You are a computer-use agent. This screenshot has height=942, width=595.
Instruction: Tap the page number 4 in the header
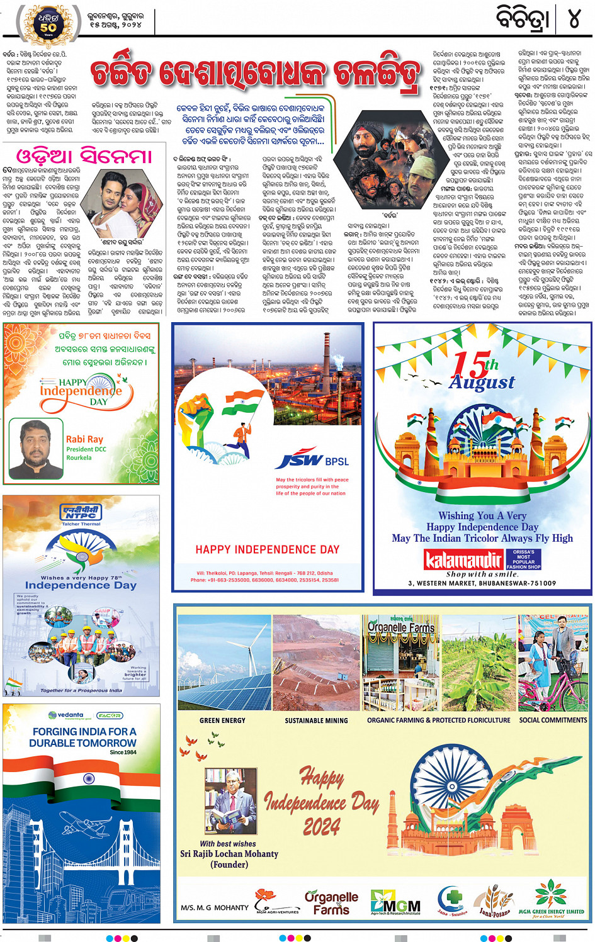[x=574, y=20]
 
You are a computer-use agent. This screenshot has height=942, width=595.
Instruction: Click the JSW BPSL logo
[x=312, y=461]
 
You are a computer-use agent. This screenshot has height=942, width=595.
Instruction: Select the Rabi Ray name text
[x=84, y=439]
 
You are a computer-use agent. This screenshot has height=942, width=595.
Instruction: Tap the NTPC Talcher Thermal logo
[x=81, y=514]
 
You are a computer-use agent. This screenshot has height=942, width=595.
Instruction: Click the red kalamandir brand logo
[x=463, y=559]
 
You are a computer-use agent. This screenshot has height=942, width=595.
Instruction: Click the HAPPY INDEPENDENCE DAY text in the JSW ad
[x=267, y=549]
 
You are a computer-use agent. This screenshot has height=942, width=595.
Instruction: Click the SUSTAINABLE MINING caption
[x=316, y=721]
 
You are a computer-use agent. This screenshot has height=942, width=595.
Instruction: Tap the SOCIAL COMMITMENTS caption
[x=553, y=720]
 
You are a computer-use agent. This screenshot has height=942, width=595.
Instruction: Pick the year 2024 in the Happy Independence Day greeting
[x=321, y=826]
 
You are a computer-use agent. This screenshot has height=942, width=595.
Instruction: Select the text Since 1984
[x=123, y=752]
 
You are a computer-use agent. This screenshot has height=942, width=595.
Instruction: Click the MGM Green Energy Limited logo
[x=551, y=900]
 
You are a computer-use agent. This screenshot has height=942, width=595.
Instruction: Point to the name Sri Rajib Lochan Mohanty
[x=229, y=854]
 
